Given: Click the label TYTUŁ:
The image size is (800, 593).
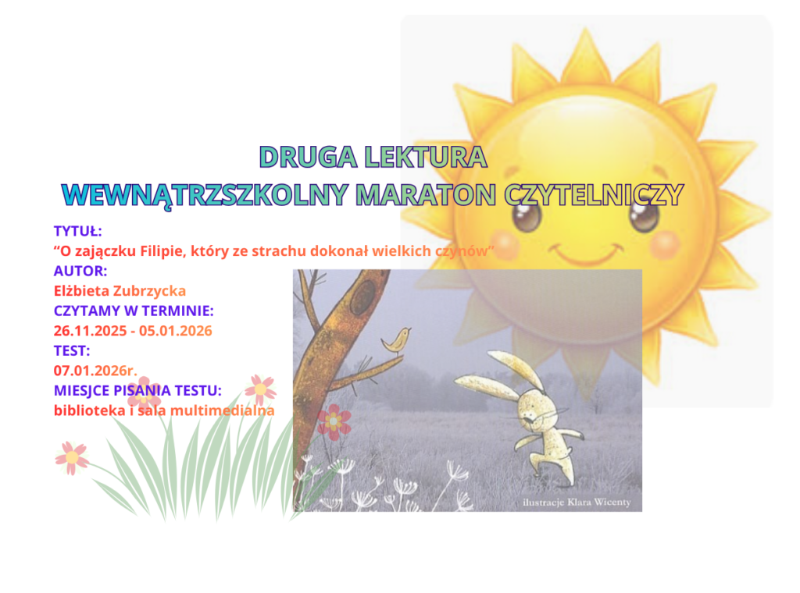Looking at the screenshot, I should tap(78, 231).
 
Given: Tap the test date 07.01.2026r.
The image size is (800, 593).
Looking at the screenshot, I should tap(95, 370).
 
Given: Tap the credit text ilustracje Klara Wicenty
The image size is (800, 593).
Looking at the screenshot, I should tap(577, 502).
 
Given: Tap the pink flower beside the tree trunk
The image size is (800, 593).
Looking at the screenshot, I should tap(334, 421).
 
